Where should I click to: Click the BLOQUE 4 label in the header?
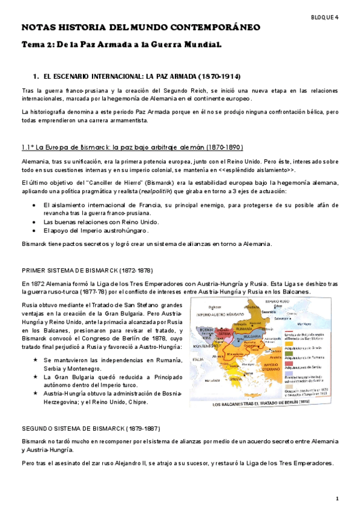click(x=325, y=17)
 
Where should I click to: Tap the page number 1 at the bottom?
click(x=338, y=499)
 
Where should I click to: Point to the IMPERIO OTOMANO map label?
click(x=271, y=367)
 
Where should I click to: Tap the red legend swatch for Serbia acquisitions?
click(x=287, y=364)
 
